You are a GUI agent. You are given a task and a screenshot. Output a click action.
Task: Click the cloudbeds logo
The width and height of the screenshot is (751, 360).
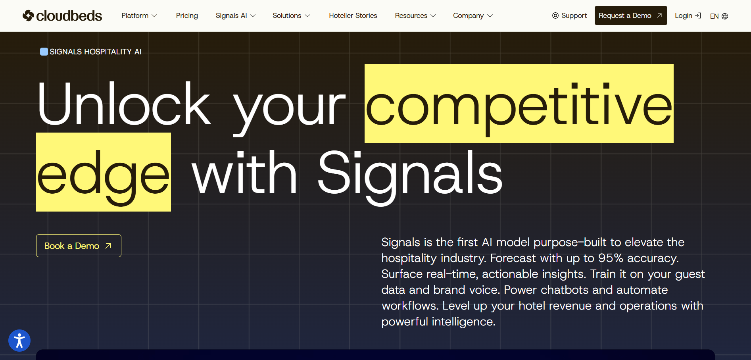coord(62,15)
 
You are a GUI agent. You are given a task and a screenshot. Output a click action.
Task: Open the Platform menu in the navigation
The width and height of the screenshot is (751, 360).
coord(139,15)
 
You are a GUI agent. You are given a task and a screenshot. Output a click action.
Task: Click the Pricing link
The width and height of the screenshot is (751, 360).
coord(187,15)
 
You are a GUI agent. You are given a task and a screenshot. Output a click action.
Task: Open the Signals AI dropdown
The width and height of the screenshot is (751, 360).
coord(235,15)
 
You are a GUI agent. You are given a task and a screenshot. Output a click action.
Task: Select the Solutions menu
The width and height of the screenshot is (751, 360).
coord(291,15)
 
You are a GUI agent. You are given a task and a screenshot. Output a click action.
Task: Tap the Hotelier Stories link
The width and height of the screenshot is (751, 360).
coord(353,15)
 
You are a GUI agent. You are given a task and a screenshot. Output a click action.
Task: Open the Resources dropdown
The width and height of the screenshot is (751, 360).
coord(415,15)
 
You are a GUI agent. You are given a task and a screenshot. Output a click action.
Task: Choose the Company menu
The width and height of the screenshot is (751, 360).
coord(473,15)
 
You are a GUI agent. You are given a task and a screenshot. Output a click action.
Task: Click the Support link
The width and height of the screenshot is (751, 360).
coord(569,15)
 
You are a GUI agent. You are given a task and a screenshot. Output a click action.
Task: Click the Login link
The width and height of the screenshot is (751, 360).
coord(688,15)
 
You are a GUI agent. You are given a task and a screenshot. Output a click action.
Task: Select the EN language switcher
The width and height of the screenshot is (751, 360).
coord(719,16)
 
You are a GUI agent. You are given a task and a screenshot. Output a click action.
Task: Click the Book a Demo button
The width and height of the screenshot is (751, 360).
coord(79,246)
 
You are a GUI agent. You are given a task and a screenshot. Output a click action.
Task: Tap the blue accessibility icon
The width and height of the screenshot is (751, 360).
coord(19,341)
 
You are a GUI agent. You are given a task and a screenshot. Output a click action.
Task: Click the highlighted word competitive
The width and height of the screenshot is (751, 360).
coord(519,104)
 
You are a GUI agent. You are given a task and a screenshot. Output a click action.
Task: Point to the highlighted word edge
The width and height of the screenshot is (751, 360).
coord(104,172)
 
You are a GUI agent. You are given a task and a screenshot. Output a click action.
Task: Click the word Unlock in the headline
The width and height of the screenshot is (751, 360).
coord(123,104)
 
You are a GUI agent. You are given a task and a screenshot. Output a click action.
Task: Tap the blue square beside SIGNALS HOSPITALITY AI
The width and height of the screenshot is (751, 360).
coord(44,52)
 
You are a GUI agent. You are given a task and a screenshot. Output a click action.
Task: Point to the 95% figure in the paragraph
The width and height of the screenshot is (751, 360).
coord(611,258)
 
